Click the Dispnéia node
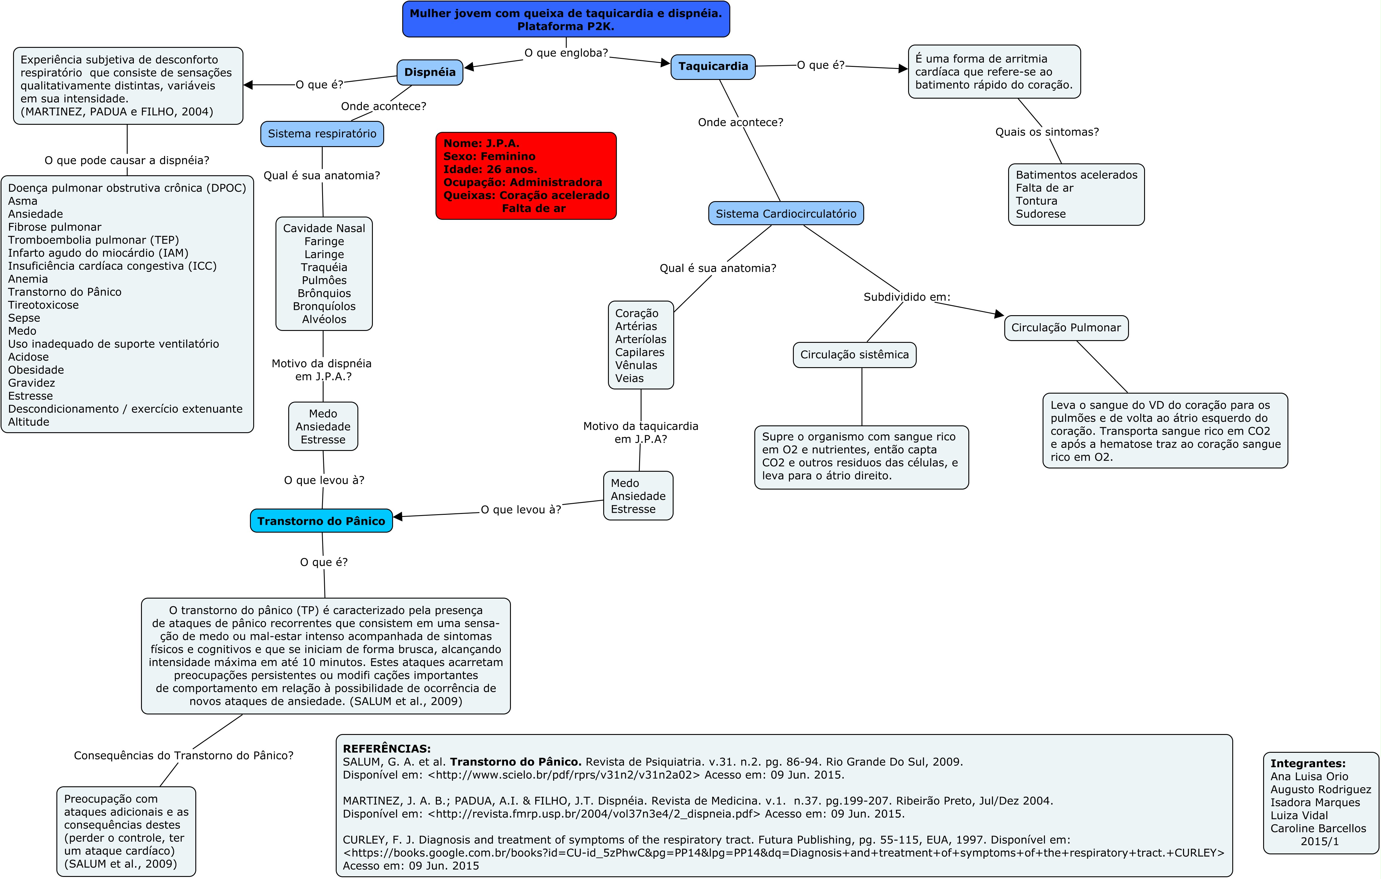coord(430,72)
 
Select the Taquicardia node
coord(713,67)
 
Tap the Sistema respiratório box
coord(322,134)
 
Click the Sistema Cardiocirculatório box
coord(786,214)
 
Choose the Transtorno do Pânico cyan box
coord(321,521)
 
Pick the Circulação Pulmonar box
coord(1065,328)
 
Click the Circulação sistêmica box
coord(854,355)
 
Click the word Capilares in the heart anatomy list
coord(639,352)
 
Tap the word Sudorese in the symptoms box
coord(1040,214)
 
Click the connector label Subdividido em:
coord(907,297)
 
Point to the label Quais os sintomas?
coord(1047,132)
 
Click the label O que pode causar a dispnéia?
coord(127,160)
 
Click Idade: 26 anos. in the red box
coord(490,169)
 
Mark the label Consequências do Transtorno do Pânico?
coord(183,756)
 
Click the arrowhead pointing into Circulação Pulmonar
coord(999,314)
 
